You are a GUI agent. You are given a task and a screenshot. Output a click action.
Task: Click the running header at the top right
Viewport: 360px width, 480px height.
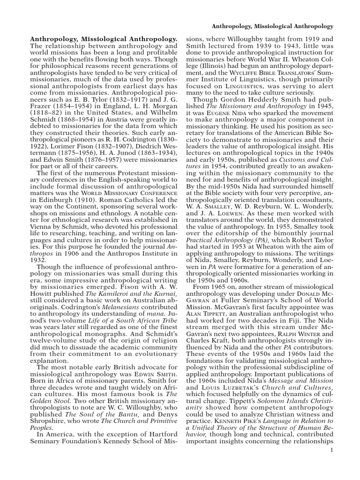coord(273,26)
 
